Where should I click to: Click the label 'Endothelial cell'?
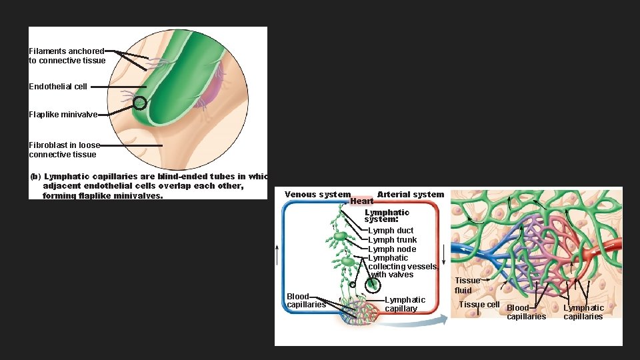pos(58,87)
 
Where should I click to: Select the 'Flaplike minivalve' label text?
pos(63,115)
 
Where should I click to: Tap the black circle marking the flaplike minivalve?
pos(139,103)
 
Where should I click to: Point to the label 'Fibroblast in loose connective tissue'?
pos(64,149)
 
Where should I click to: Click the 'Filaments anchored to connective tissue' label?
pos(67,56)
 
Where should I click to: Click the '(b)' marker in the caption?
pos(36,177)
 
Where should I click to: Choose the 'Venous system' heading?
pos(317,195)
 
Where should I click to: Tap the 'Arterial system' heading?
pos(411,195)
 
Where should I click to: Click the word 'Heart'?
pos(361,201)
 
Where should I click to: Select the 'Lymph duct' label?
pos(391,231)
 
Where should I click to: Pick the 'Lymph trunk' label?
pos(393,240)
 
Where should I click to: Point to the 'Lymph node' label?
pos(392,249)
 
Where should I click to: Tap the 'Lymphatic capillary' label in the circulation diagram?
pos(405,304)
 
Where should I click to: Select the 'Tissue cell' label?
pos(479,305)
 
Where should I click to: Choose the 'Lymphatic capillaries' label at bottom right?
pos(583,312)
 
